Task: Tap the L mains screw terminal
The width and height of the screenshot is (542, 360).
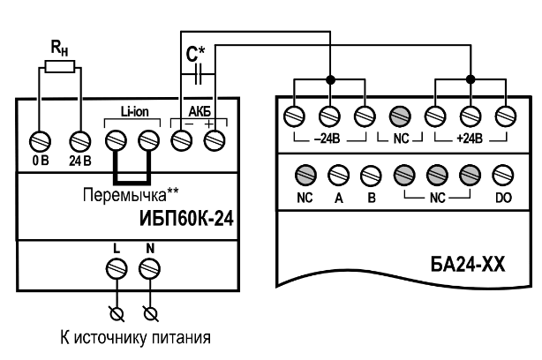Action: pos(115,267)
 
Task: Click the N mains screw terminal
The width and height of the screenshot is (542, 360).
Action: pos(149,267)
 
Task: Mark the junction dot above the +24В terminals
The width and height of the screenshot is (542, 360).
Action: pos(470,79)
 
